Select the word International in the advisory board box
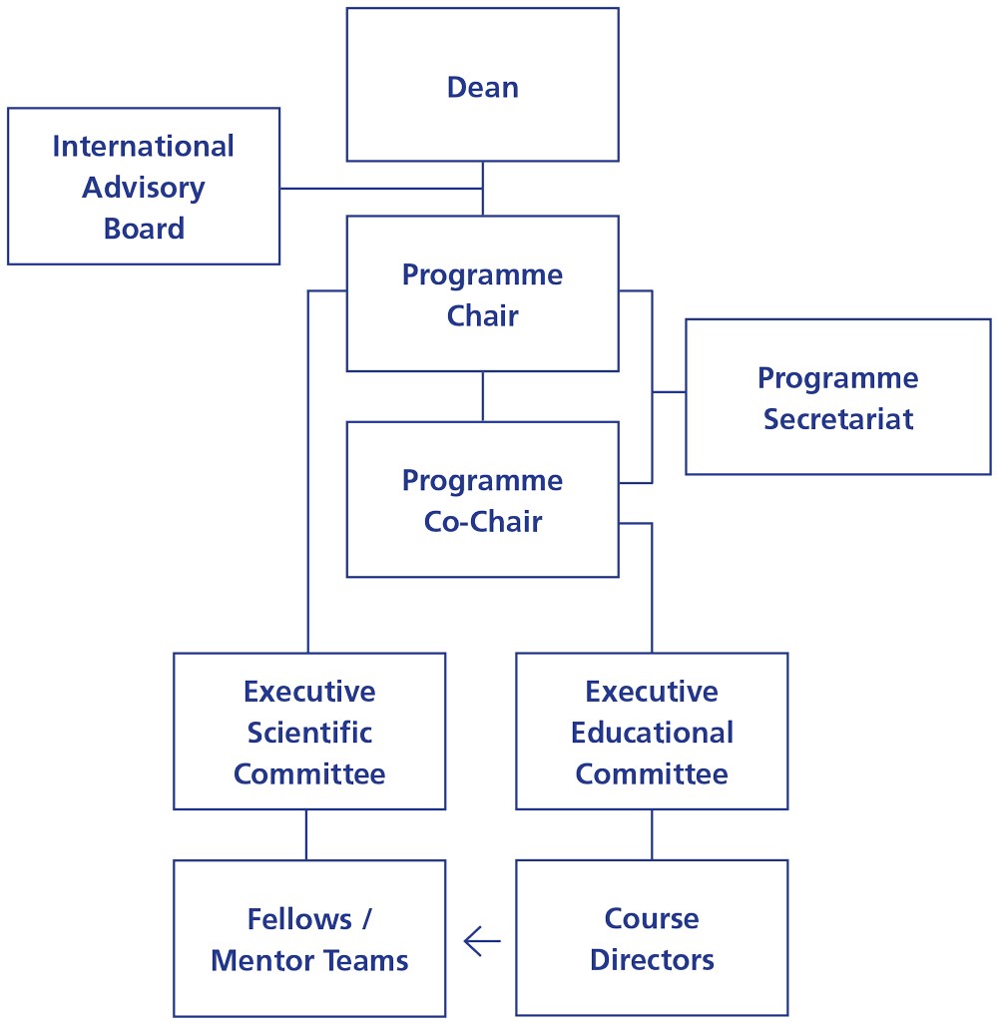143,146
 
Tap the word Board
144,228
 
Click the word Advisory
144,187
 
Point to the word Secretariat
837,418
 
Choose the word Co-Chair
482,522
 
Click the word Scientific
309,733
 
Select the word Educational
652,733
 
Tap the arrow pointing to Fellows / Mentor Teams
481,940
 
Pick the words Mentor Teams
309,960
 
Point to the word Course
652,918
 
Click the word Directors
652,960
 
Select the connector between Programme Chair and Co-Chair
482,396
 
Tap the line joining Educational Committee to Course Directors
652,834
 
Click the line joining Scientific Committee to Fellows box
306,834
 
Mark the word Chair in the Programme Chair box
482,316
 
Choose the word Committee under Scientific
309,773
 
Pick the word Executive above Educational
652,692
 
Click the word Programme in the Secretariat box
837,378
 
